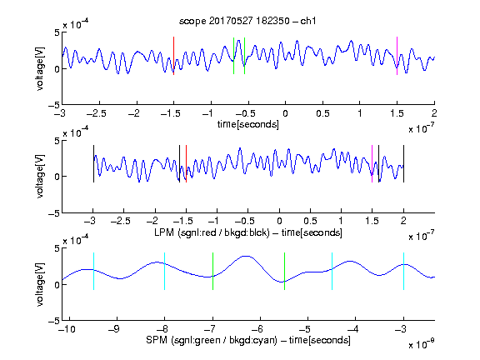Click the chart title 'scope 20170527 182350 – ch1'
pos(247,21)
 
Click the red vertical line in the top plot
pos(173,56)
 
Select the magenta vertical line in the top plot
pos(397,56)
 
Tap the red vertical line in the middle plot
pos(186,164)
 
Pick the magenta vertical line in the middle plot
pos(372,164)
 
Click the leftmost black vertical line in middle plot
pos(93,164)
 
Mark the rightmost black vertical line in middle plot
pos(403,164)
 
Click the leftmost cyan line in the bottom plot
pos(93,271)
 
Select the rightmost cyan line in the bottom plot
pos(403,271)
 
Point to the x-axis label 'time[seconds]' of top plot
pos(248,124)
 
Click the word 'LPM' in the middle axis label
pos(164,232)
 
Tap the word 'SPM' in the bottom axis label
pos(157,340)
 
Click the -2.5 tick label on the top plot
pos(96,113)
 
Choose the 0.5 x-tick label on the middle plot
pos(310,221)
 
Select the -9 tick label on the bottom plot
pos(114,329)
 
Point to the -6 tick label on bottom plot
pos(257,329)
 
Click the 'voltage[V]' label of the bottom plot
pos(40,284)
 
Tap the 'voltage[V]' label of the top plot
pos(40,68)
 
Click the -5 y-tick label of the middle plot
pos(53,213)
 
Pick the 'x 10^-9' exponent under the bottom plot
pos(421,344)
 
